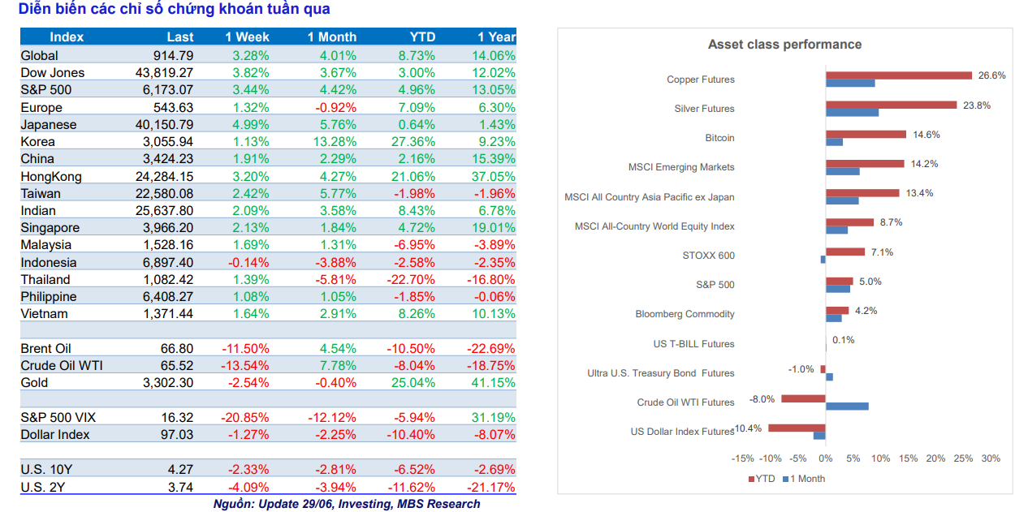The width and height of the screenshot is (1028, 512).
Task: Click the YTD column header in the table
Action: point(422,37)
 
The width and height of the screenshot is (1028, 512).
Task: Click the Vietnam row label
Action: point(45,314)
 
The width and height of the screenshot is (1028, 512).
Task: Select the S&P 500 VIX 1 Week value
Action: point(245,418)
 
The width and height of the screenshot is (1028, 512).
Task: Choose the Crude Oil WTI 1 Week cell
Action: point(245,366)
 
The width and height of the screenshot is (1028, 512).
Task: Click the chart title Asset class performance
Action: point(784,45)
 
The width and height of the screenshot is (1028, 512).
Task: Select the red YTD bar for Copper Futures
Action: point(899,75)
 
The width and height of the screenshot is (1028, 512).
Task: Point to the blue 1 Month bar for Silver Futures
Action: point(852,113)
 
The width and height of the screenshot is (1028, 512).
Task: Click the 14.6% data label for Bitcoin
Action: point(923,135)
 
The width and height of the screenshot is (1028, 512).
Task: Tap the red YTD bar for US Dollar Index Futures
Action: point(797,428)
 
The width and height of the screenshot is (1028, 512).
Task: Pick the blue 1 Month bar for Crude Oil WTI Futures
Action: point(847,407)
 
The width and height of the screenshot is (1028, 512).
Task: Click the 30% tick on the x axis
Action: point(991,458)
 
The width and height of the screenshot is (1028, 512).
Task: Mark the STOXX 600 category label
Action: point(708,256)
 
